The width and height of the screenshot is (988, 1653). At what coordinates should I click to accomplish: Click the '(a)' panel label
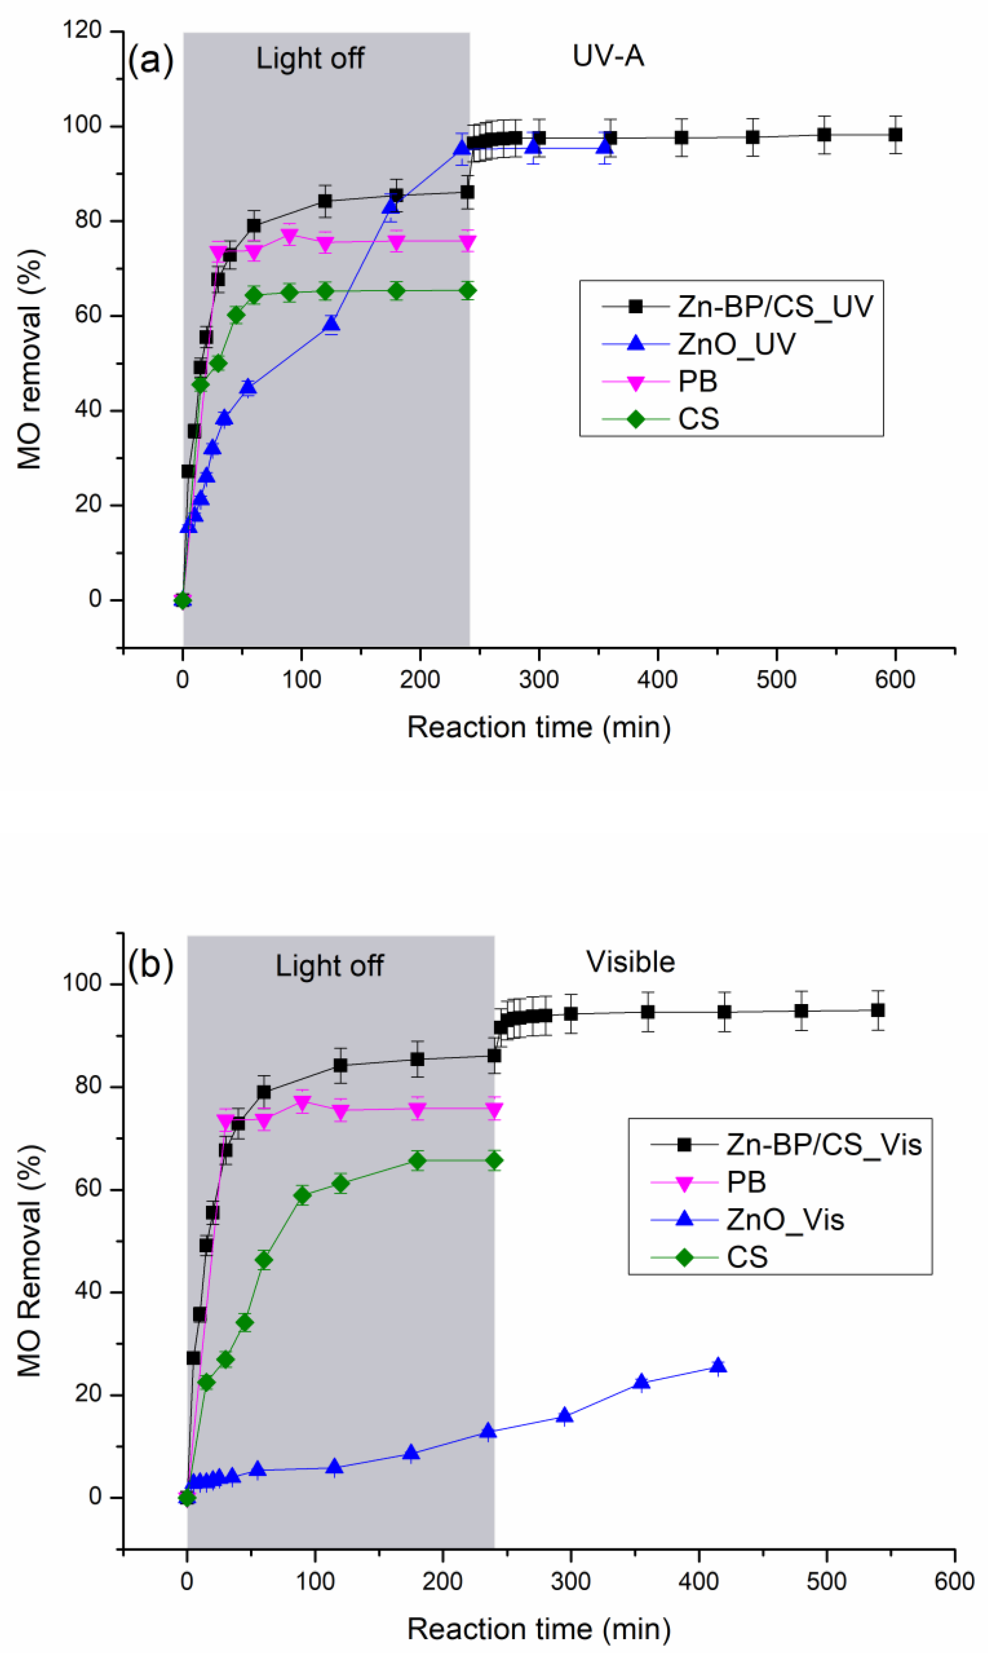tap(151, 61)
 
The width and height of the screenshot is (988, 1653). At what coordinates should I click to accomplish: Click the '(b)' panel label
tap(151, 964)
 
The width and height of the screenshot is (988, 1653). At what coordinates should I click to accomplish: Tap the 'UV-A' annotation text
tap(608, 57)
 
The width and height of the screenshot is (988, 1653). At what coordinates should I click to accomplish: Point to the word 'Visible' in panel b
tap(630, 962)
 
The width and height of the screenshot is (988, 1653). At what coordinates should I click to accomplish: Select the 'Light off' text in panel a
tap(310, 59)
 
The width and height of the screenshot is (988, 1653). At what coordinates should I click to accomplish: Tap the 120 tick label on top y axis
tap(82, 31)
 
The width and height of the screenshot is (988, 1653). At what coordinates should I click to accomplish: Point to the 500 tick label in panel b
tap(826, 1582)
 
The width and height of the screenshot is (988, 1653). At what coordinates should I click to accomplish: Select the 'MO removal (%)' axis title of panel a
tap(29, 360)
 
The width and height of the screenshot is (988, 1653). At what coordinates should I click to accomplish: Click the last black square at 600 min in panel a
tap(896, 135)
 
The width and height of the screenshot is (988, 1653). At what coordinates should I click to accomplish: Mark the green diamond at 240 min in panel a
tap(468, 291)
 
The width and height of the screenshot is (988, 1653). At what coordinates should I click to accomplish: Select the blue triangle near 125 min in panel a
tap(331, 325)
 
